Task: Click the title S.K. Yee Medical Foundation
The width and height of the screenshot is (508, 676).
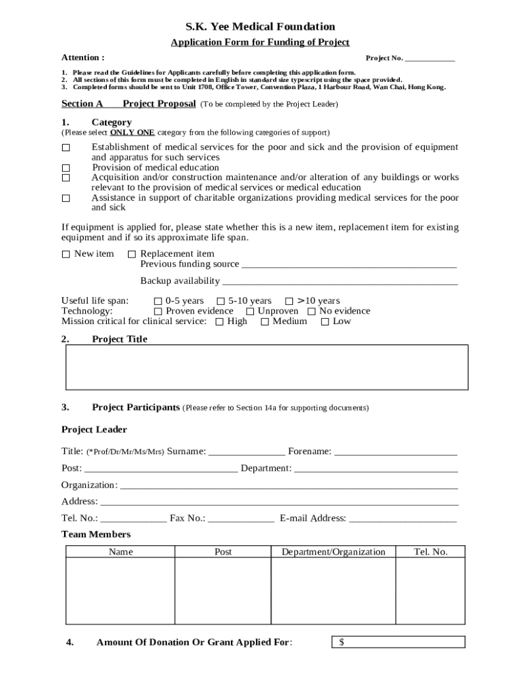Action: point(260,27)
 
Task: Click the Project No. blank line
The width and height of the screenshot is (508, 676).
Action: point(429,59)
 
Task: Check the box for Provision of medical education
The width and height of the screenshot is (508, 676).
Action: point(66,168)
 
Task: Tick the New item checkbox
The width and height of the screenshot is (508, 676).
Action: point(66,255)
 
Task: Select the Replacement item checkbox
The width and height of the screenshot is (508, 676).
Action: point(132,255)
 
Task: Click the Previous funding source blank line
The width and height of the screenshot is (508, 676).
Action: point(349,265)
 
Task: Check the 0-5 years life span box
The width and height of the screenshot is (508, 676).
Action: point(158,302)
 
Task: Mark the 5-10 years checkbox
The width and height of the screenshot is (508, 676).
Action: point(221,302)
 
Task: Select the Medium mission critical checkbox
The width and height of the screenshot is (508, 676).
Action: point(265,322)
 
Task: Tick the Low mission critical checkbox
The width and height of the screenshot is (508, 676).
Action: point(325,322)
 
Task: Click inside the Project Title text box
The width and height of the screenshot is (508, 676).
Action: point(267,367)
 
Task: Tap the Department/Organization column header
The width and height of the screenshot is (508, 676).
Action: point(333,552)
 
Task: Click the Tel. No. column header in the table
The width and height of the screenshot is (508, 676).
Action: point(430,552)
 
